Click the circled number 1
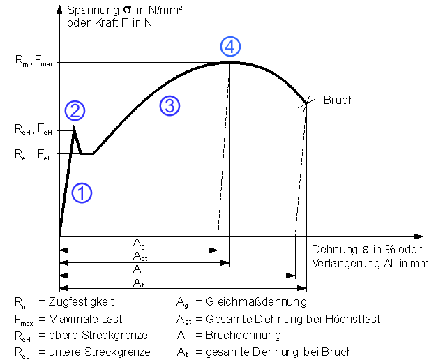tap(82, 193)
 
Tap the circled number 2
tap(75, 110)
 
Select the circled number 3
tap(170, 105)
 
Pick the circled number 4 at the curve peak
tap(230, 47)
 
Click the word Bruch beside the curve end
tap(339, 100)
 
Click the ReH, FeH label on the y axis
tap(33, 130)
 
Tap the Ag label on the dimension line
tap(140, 242)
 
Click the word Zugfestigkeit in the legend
tap(86, 301)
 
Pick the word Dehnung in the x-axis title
tap(331, 250)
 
